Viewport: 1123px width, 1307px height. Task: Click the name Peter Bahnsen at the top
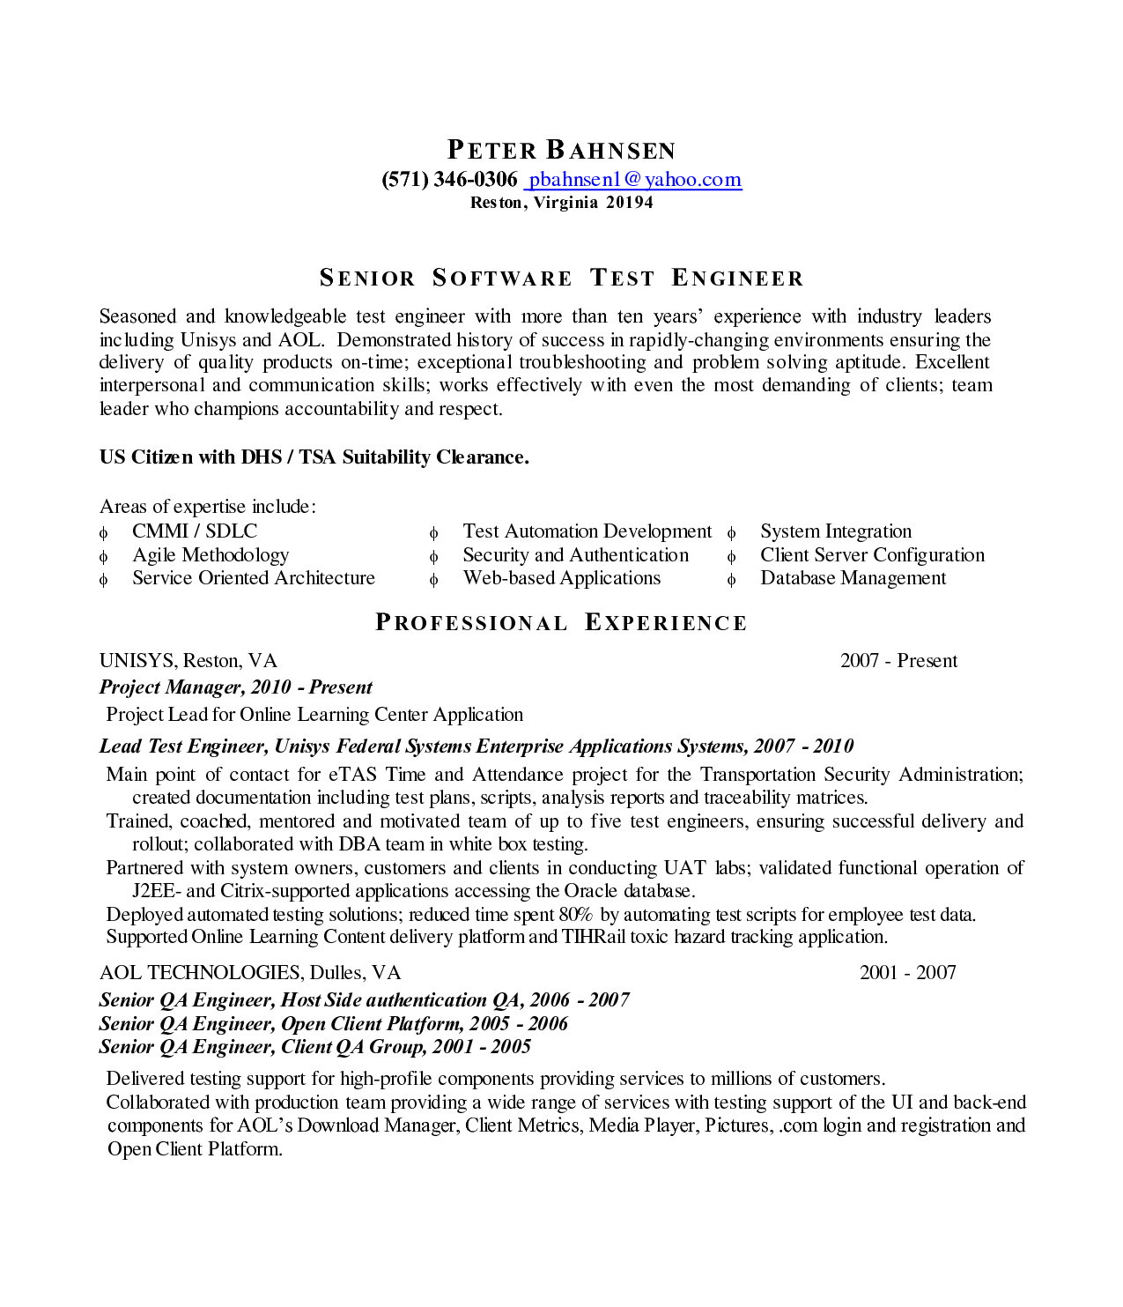tap(561, 150)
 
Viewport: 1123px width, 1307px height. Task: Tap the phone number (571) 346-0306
tap(449, 180)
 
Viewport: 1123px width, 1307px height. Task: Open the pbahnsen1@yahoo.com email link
tap(634, 180)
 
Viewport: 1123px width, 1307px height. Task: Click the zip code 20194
tap(630, 203)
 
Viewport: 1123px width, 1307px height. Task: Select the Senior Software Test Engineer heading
tap(561, 278)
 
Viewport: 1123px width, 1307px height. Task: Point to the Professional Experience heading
tap(561, 623)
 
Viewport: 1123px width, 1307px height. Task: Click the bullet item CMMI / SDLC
tap(195, 531)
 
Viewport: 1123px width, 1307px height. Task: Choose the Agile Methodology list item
tap(211, 555)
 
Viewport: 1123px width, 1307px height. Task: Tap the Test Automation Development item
tap(587, 531)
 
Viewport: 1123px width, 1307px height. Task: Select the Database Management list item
tap(853, 578)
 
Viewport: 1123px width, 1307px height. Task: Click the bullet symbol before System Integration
tap(731, 533)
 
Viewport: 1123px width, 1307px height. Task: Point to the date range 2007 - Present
tap(898, 661)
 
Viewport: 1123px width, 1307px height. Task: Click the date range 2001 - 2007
tap(907, 973)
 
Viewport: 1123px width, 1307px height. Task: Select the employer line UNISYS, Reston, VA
tap(188, 661)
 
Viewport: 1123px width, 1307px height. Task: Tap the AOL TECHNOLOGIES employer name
tap(201, 973)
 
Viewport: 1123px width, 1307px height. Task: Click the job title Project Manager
tap(171, 687)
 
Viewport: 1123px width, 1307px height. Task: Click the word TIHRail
tap(594, 937)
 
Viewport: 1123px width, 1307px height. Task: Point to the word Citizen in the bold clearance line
tap(162, 457)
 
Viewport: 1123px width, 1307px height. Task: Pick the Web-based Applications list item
tap(561, 578)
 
